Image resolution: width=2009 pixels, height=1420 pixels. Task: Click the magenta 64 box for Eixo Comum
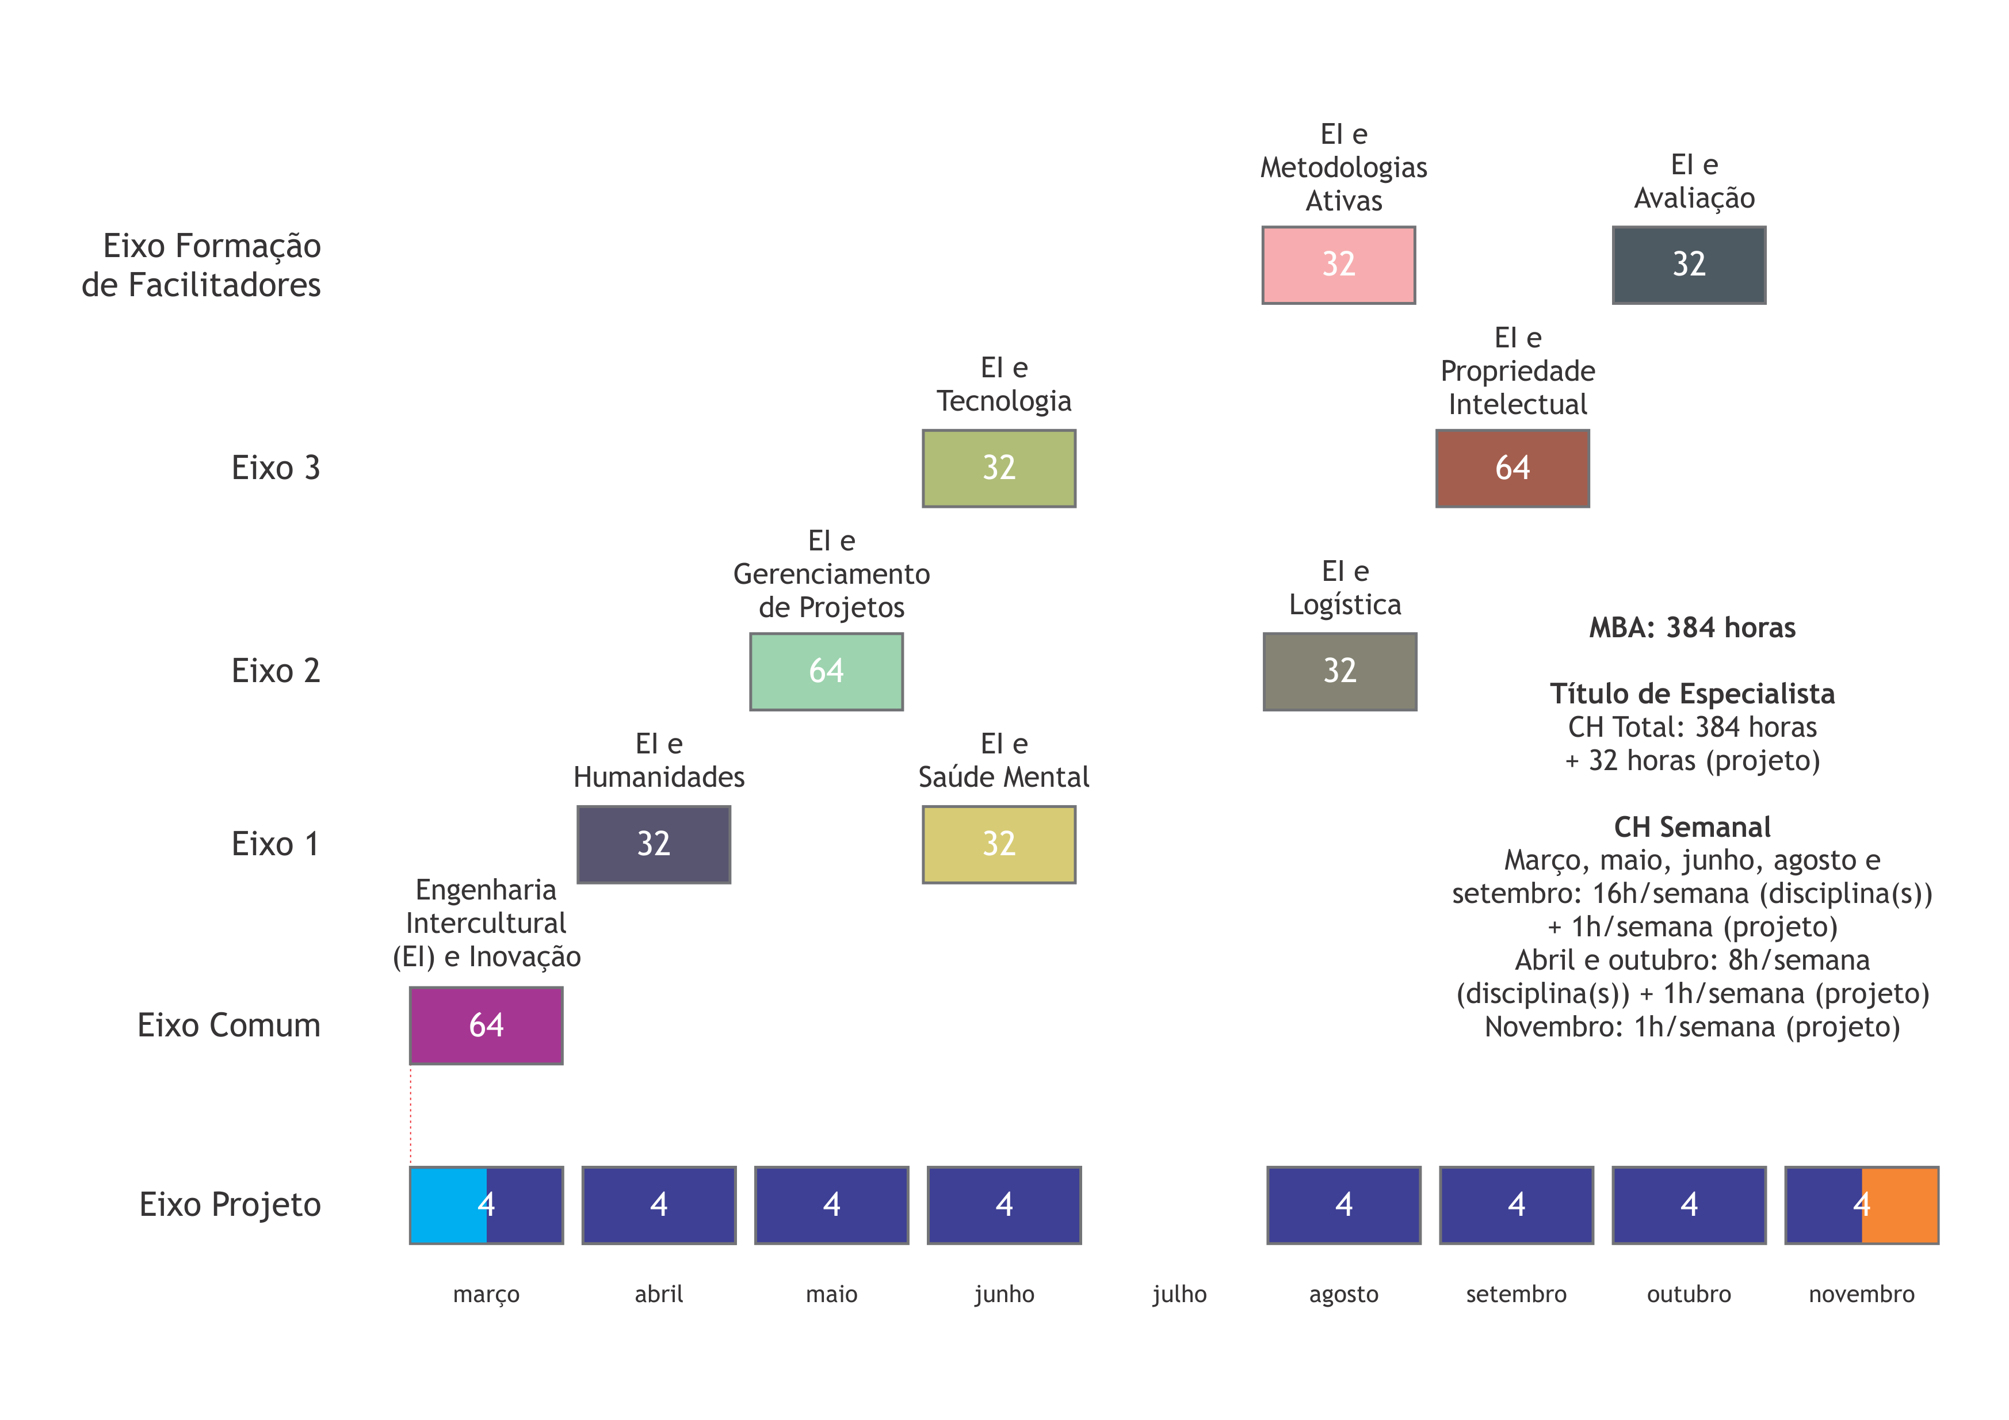(x=486, y=1025)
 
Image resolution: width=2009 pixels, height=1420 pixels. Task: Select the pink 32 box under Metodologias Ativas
(x=1338, y=265)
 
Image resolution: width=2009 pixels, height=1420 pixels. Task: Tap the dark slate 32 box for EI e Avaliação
(x=1689, y=265)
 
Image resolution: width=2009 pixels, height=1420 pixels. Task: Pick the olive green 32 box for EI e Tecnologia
(x=998, y=468)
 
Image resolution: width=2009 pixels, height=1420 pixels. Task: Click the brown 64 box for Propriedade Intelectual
(x=1512, y=468)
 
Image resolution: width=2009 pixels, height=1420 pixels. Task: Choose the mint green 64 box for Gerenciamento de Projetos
(x=826, y=671)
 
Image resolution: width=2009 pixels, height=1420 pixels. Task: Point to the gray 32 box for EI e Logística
(x=1340, y=671)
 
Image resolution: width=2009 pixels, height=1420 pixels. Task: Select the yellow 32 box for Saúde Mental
(x=998, y=844)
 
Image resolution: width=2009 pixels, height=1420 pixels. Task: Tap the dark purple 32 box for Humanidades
(x=654, y=844)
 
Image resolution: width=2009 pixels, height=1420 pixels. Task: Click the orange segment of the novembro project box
(x=1900, y=1205)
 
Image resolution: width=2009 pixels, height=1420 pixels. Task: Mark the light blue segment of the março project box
(x=446, y=1205)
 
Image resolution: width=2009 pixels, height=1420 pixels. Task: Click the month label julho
(x=1179, y=1294)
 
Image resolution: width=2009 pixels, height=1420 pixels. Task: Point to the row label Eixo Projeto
(x=230, y=1205)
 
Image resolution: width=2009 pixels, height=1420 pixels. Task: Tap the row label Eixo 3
(x=276, y=468)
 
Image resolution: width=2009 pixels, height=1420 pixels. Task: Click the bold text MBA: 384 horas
(x=1692, y=627)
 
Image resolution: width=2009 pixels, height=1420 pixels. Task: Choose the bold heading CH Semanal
(x=1692, y=827)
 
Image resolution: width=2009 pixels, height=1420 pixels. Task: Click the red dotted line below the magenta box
(x=410, y=1116)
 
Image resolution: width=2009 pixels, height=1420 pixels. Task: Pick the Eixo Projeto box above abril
(x=659, y=1205)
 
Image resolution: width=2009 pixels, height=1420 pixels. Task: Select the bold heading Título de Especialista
(x=1692, y=694)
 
